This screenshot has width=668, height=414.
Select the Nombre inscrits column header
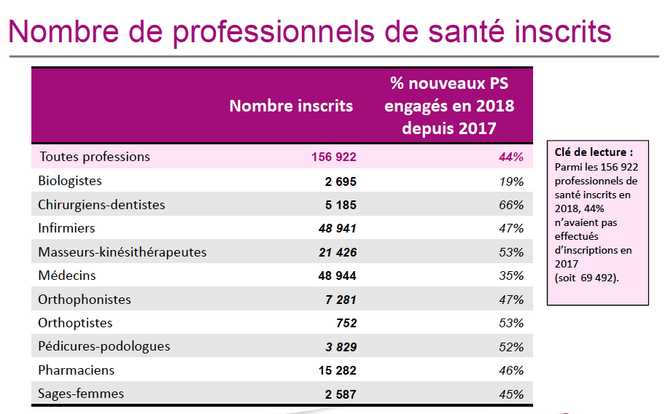pyautogui.click(x=291, y=106)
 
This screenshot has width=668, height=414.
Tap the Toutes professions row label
pyautogui.click(x=95, y=157)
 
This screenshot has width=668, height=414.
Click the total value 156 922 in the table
pyautogui.click(x=333, y=157)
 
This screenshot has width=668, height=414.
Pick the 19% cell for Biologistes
pyautogui.click(x=511, y=181)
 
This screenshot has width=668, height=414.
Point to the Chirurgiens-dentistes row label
pyautogui.click(x=102, y=205)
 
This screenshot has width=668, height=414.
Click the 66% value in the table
pyautogui.click(x=511, y=205)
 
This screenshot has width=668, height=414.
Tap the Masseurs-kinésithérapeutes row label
pyautogui.click(x=123, y=252)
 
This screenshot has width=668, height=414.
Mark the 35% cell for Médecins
pyautogui.click(x=511, y=276)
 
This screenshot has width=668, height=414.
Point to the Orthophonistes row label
pyautogui.click(x=85, y=300)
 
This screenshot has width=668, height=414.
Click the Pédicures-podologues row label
pyautogui.click(x=104, y=346)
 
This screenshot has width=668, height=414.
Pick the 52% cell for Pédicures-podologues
pyautogui.click(x=511, y=347)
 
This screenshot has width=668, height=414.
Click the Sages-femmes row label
pyautogui.click(x=82, y=394)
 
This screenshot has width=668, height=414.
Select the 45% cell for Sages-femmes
pyautogui.click(x=511, y=394)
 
